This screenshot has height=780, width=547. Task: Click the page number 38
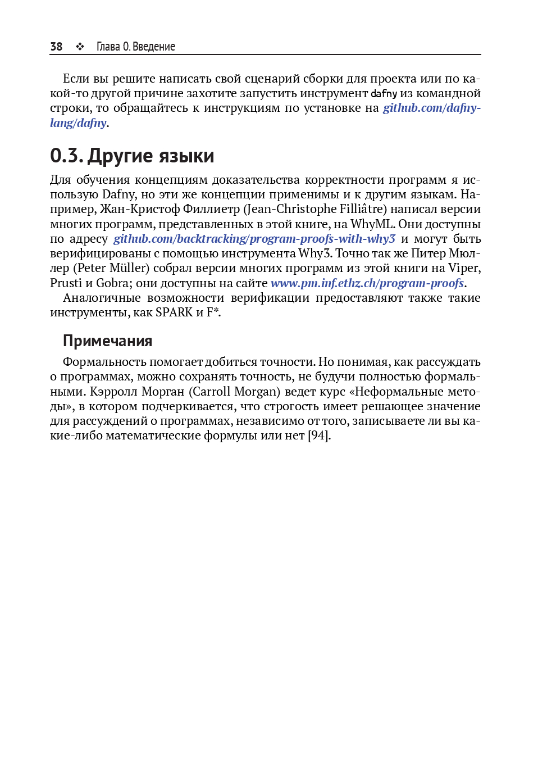click(x=56, y=47)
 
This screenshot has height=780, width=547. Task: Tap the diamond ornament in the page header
click(x=80, y=47)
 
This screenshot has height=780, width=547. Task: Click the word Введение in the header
click(x=154, y=47)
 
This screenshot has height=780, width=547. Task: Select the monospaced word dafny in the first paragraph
click(x=384, y=93)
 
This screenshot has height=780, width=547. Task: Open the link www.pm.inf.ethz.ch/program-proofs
click(x=367, y=283)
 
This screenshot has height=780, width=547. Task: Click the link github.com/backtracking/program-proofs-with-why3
click(x=254, y=239)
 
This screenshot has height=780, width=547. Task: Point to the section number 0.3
click(x=66, y=156)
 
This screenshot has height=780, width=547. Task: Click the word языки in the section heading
click(x=186, y=156)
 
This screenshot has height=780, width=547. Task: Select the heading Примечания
click(x=107, y=341)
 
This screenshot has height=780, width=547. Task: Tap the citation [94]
click(x=319, y=436)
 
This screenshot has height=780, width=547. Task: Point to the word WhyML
click(x=371, y=224)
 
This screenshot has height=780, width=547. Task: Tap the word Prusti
click(x=66, y=283)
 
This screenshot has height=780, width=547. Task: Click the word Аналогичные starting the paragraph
click(x=102, y=298)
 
